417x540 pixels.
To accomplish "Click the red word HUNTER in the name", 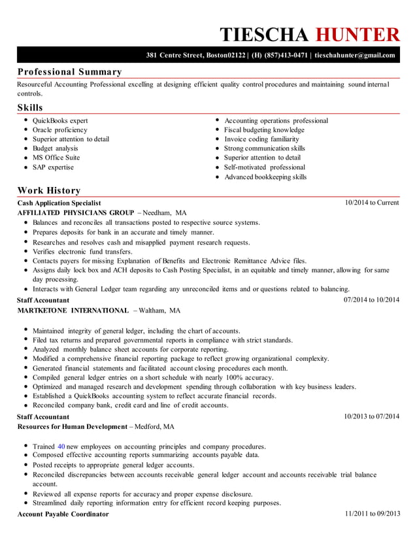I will (357, 35).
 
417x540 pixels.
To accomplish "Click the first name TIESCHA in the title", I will (265, 35).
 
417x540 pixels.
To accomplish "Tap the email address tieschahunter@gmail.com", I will (355, 56).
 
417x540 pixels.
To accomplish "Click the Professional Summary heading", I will (69, 72).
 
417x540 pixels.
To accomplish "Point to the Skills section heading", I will (30, 107).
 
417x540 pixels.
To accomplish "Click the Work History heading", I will (49, 190).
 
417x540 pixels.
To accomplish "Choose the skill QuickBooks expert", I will (60, 121).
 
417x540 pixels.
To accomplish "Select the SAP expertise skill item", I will (53, 167).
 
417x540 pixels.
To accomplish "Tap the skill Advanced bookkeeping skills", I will (265, 177).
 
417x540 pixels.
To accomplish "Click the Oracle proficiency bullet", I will (59, 130).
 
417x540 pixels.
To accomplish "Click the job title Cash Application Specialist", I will (59, 203).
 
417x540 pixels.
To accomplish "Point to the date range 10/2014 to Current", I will (371, 203).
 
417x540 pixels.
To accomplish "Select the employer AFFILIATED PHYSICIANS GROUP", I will (75, 213).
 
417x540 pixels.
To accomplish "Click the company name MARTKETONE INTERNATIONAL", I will (73, 310).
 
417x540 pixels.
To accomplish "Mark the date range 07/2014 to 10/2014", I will (371, 300).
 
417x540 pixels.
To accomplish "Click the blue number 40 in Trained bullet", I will (61, 447).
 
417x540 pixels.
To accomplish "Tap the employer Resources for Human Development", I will (72, 426).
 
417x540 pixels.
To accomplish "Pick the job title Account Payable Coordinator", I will (63, 514).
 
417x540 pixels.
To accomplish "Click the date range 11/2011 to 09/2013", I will (371, 514).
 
